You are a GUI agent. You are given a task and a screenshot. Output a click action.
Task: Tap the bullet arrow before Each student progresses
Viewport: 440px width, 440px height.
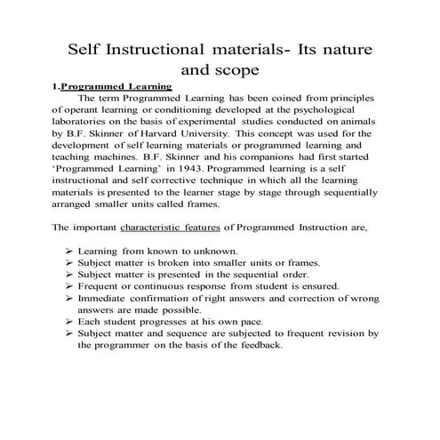(68, 321)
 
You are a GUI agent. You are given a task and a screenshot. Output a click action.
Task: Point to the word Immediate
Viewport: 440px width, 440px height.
(103, 299)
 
